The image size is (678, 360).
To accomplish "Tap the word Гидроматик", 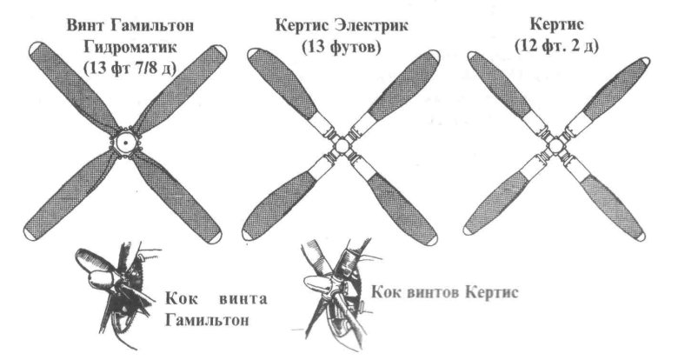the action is click(x=130, y=46).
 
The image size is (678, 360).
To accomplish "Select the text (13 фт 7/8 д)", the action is click(x=130, y=68).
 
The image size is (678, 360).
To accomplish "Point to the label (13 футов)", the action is click(x=342, y=47).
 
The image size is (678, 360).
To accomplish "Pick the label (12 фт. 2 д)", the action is click(x=557, y=45).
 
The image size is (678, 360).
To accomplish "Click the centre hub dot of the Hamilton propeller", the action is click(x=125, y=143).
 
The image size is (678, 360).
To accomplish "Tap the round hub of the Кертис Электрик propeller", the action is click(x=342, y=145).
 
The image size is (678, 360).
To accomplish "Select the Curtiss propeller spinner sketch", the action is click(x=337, y=292).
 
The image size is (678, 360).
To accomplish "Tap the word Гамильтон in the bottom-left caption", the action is click(x=208, y=320).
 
